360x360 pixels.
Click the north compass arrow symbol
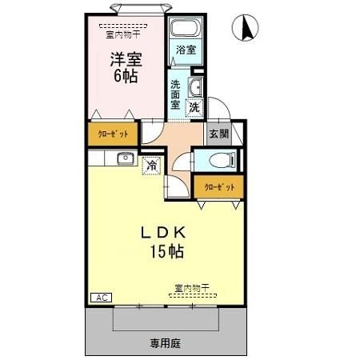247,28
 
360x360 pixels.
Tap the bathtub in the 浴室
185,30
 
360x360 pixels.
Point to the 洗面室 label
176,94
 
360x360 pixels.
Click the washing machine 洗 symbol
194,106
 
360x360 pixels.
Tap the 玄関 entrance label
218,134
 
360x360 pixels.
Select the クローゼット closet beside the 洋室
112,133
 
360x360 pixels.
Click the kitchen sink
125,158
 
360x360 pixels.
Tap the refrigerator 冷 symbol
151,166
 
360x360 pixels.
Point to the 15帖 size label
166,252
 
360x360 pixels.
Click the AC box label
102,298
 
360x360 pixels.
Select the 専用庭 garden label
165,343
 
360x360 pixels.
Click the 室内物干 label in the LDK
192,287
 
